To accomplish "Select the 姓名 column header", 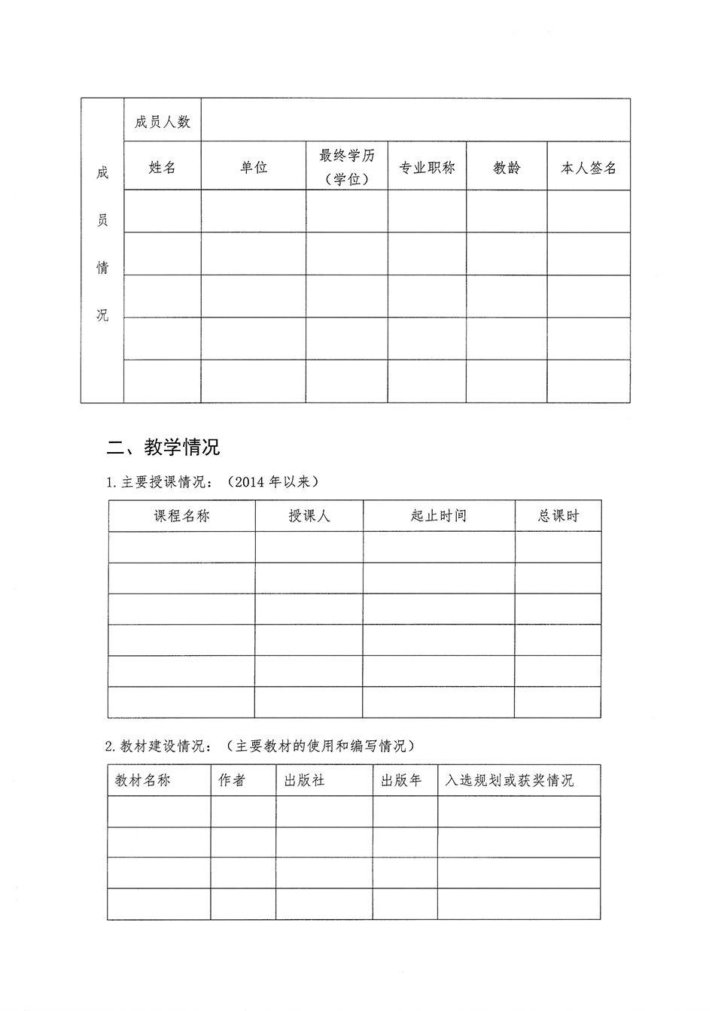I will pos(163,168).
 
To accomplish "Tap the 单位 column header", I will pos(254,168).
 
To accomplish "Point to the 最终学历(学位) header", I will pos(347,168).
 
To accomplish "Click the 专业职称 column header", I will pos(427,168).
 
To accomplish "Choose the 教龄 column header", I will pos(507,168).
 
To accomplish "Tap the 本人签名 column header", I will pos(589,168).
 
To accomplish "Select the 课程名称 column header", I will pos(182,516).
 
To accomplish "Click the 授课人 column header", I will pos(309,516).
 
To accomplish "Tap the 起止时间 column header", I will pos(439,516).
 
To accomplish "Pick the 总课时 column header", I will pos(558,516).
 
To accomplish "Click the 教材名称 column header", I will pos(143,781).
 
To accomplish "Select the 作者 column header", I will pos(232,781).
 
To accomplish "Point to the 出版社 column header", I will pos(304,781).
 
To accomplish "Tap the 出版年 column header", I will pos(401,781).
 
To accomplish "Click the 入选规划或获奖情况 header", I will pos(509,781).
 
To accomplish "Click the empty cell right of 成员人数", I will pos(415,120).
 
